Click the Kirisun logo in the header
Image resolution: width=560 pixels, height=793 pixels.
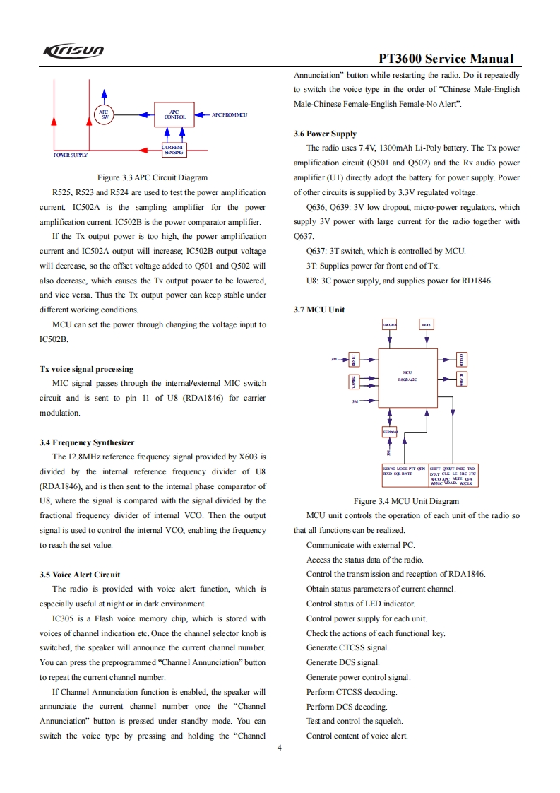click(x=73, y=52)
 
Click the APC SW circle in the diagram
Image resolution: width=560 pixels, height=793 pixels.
click(x=104, y=114)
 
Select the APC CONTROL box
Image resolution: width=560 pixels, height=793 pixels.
click(x=174, y=114)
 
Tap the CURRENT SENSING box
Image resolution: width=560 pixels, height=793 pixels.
click(x=173, y=149)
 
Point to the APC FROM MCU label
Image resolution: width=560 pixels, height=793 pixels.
click(x=230, y=114)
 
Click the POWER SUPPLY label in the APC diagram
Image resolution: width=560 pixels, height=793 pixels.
click(x=71, y=155)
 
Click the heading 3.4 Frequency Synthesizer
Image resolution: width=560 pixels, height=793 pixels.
click(x=87, y=442)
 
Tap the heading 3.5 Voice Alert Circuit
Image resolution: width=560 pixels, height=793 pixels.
click(x=80, y=575)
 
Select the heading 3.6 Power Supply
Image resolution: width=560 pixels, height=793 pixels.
click(x=325, y=134)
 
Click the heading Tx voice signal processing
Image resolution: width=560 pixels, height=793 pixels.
click(x=86, y=369)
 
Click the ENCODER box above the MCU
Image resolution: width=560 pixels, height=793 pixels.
click(x=389, y=324)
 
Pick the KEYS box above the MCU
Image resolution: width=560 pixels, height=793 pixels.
click(x=426, y=324)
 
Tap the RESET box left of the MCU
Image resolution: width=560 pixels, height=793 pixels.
click(x=354, y=359)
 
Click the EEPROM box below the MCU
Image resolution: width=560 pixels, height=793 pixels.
click(x=390, y=432)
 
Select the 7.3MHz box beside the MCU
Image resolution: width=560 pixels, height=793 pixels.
click(x=354, y=382)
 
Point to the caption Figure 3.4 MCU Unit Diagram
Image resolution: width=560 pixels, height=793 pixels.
click(x=406, y=501)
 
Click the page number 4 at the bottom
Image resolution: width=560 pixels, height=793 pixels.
click(x=280, y=748)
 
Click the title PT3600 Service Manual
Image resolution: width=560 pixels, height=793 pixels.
click(x=446, y=59)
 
